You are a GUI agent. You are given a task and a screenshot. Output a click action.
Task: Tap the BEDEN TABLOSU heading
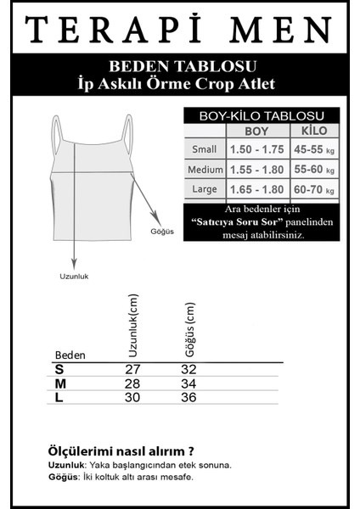[179, 65]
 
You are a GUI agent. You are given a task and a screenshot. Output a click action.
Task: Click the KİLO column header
[314, 131]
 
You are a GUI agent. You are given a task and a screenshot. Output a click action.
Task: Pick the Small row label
[205, 150]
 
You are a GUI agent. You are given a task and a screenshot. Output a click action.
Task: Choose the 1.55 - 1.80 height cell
[257, 171]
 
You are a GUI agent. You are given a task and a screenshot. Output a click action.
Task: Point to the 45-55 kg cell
[315, 150]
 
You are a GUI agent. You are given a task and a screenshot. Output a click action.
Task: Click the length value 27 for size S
[132, 369]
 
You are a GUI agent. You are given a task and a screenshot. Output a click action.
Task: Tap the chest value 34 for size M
[188, 383]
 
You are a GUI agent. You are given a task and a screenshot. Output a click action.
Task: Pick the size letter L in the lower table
[59, 398]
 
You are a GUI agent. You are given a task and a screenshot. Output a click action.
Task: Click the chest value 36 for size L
[188, 398]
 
